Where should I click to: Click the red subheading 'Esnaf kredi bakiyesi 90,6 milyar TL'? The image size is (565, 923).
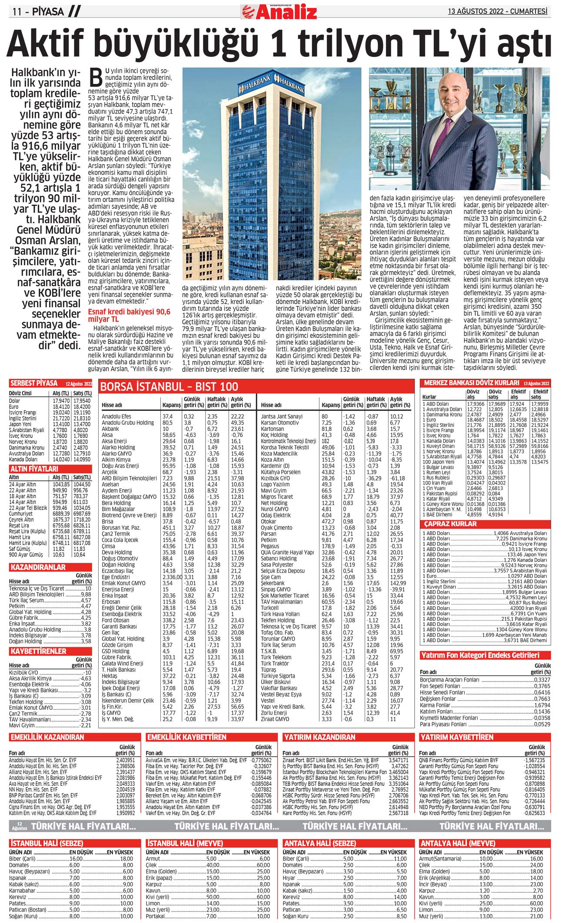click(x=129, y=315)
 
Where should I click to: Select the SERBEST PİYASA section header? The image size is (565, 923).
click(x=34, y=384)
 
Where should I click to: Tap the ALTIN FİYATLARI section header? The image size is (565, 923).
click(x=34, y=469)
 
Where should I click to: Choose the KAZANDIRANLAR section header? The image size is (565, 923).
click(x=38, y=567)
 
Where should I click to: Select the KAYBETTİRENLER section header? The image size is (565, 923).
click(x=38, y=651)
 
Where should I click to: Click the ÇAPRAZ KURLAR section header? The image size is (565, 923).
click(x=450, y=524)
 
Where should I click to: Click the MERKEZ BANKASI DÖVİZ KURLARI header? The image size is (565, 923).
click(x=472, y=383)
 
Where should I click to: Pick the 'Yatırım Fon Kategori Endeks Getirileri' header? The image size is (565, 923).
click(x=480, y=655)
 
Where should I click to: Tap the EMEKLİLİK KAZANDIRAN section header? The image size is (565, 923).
click(x=47, y=737)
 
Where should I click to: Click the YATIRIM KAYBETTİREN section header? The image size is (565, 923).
click(x=456, y=737)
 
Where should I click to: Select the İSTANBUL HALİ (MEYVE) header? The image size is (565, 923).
click(x=185, y=843)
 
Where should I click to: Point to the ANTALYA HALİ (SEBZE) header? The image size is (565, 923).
click(x=320, y=843)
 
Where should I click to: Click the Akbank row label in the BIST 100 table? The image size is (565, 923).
click(x=110, y=429)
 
